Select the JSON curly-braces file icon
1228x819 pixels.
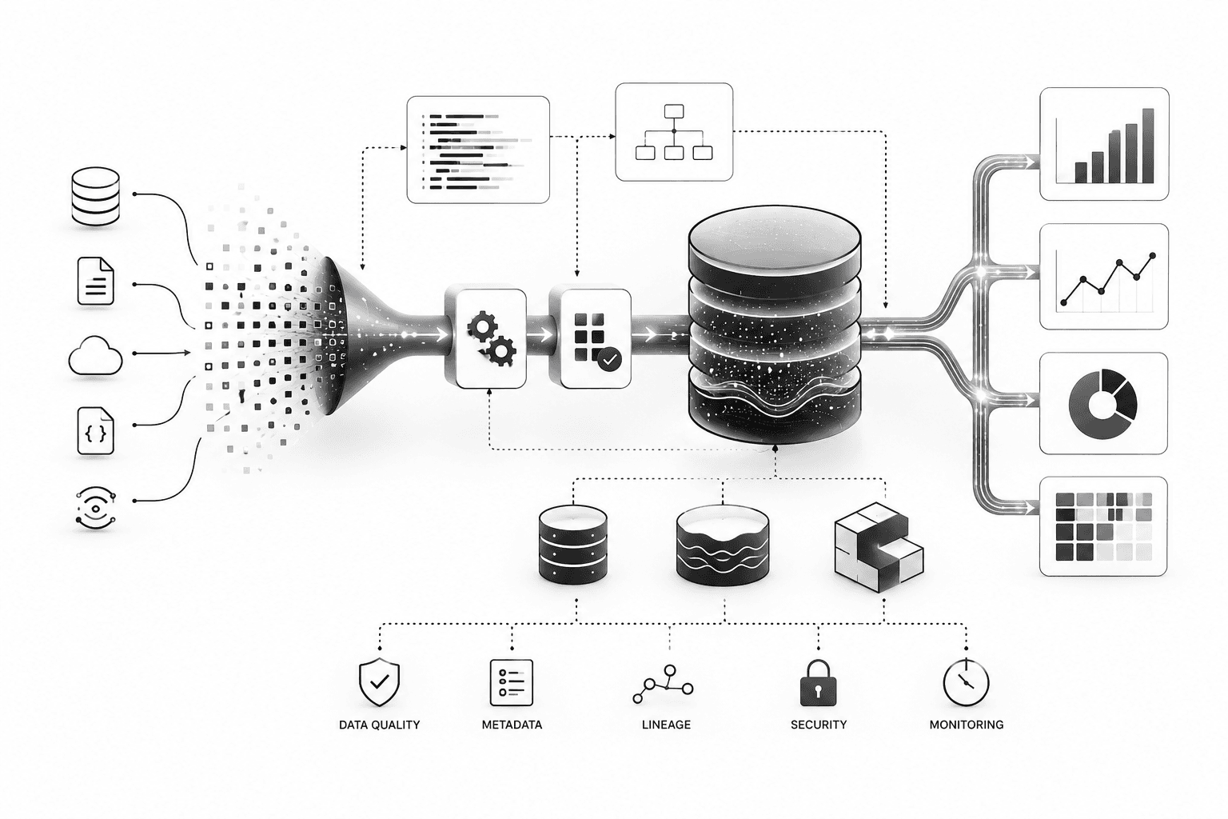(x=96, y=430)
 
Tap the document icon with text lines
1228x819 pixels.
(x=96, y=281)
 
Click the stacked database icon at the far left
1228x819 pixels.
(x=95, y=196)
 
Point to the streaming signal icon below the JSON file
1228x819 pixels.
(x=96, y=509)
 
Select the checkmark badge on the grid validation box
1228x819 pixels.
(x=610, y=360)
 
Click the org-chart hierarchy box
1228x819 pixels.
(x=674, y=132)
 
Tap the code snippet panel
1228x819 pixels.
(x=478, y=150)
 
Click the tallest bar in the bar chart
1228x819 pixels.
(x=1148, y=146)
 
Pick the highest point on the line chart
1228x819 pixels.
(x=1152, y=256)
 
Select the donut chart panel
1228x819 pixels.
(x=1103, y=403)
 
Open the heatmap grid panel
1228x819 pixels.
(x=1103, y=526)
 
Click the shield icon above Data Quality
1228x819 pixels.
(x=380, y=682)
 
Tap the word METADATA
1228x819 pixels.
(x=512, y=725)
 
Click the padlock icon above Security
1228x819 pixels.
(x=819, y=683)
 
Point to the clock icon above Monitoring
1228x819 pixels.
(x=966, y=682)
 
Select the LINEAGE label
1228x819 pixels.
(x=666, y=725)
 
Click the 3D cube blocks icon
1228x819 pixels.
(x=879, y=547)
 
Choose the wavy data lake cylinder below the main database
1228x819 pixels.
(x=723, y=545)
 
